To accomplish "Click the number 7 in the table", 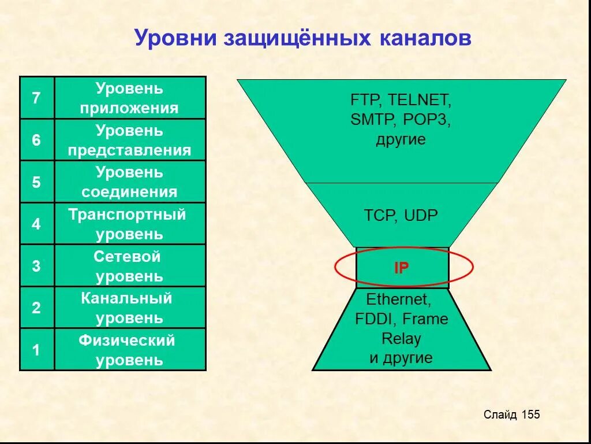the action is [36, 98].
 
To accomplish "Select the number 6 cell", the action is [36, 140].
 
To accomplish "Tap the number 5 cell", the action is [36, 182].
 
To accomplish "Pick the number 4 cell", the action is [36, 224].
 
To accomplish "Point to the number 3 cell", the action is [36, 266].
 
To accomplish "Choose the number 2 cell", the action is [36, 308].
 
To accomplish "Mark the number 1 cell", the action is [36, 350].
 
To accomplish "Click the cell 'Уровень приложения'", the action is [130, 98].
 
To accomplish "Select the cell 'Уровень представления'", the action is [130, 140].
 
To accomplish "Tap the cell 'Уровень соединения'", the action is [130, 182].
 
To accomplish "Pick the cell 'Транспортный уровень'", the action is [130, 224].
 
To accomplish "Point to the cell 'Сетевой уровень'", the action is [130, 266].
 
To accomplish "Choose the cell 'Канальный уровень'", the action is [130, 308].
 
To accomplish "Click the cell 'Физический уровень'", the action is [130, 350].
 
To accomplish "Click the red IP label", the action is [401, 268].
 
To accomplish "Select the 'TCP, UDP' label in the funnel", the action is [401, 216].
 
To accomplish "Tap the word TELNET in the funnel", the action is [419, 100].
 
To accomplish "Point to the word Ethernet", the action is [398, 299].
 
